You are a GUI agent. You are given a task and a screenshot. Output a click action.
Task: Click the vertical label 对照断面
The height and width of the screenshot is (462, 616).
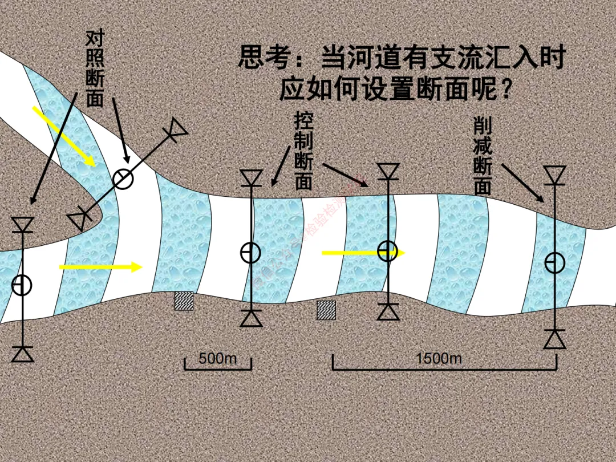pyautogui.click(x=95, y=69)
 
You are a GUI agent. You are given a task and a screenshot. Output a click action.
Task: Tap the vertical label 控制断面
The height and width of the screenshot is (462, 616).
pyautogui.click(x=303, y=151)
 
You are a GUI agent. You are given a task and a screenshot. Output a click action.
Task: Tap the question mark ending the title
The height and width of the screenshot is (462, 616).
pyautogui.click(x=504, y=90)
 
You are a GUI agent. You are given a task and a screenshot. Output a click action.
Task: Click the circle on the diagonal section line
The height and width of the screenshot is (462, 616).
pyautogui.click(x=123, y=179)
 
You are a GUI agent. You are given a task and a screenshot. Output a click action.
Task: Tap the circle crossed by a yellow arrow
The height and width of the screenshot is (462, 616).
pyautogui.click(x=388, y=250)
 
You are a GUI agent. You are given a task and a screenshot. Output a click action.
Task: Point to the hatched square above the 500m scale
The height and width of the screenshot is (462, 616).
pyautogui.click(x=184, y=301)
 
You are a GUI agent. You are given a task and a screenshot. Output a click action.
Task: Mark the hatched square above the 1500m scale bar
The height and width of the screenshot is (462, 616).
pyautogui.click(x=326, y=310)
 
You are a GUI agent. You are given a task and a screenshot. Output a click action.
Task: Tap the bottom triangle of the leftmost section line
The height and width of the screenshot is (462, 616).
pyautogui.click(x=23, y=354)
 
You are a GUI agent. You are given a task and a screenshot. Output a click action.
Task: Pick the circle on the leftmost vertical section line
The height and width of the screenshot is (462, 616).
pyautogui.click(x=22, y=285)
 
